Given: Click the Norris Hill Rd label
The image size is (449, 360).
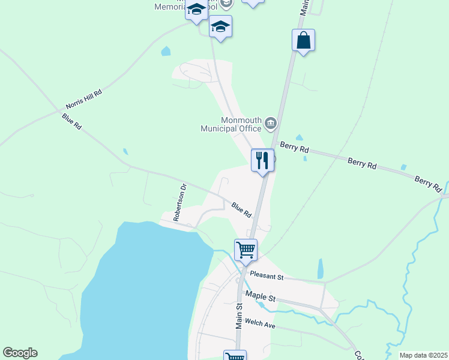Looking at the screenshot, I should tap(85, 99).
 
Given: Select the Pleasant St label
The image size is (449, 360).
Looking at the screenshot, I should tap(267, 276).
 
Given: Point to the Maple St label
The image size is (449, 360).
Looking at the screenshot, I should tap(260, 297).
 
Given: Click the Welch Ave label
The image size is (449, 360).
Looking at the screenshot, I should tap(260, 324).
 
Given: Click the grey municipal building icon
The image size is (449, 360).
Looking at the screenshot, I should tap(271, 124).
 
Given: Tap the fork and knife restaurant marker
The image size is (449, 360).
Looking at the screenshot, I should tap(262, 161).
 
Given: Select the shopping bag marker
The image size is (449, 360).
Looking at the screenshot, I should tap(304, 41).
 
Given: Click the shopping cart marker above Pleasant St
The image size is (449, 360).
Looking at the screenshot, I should tap(246, 250).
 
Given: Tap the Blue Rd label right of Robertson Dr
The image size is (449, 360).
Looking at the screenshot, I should tap(241, 209).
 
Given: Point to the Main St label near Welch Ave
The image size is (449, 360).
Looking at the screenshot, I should tap(238, 314).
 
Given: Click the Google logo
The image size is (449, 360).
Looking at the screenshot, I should tap(20, 353).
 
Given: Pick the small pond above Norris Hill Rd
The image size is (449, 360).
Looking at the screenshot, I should tap(166, 52).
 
